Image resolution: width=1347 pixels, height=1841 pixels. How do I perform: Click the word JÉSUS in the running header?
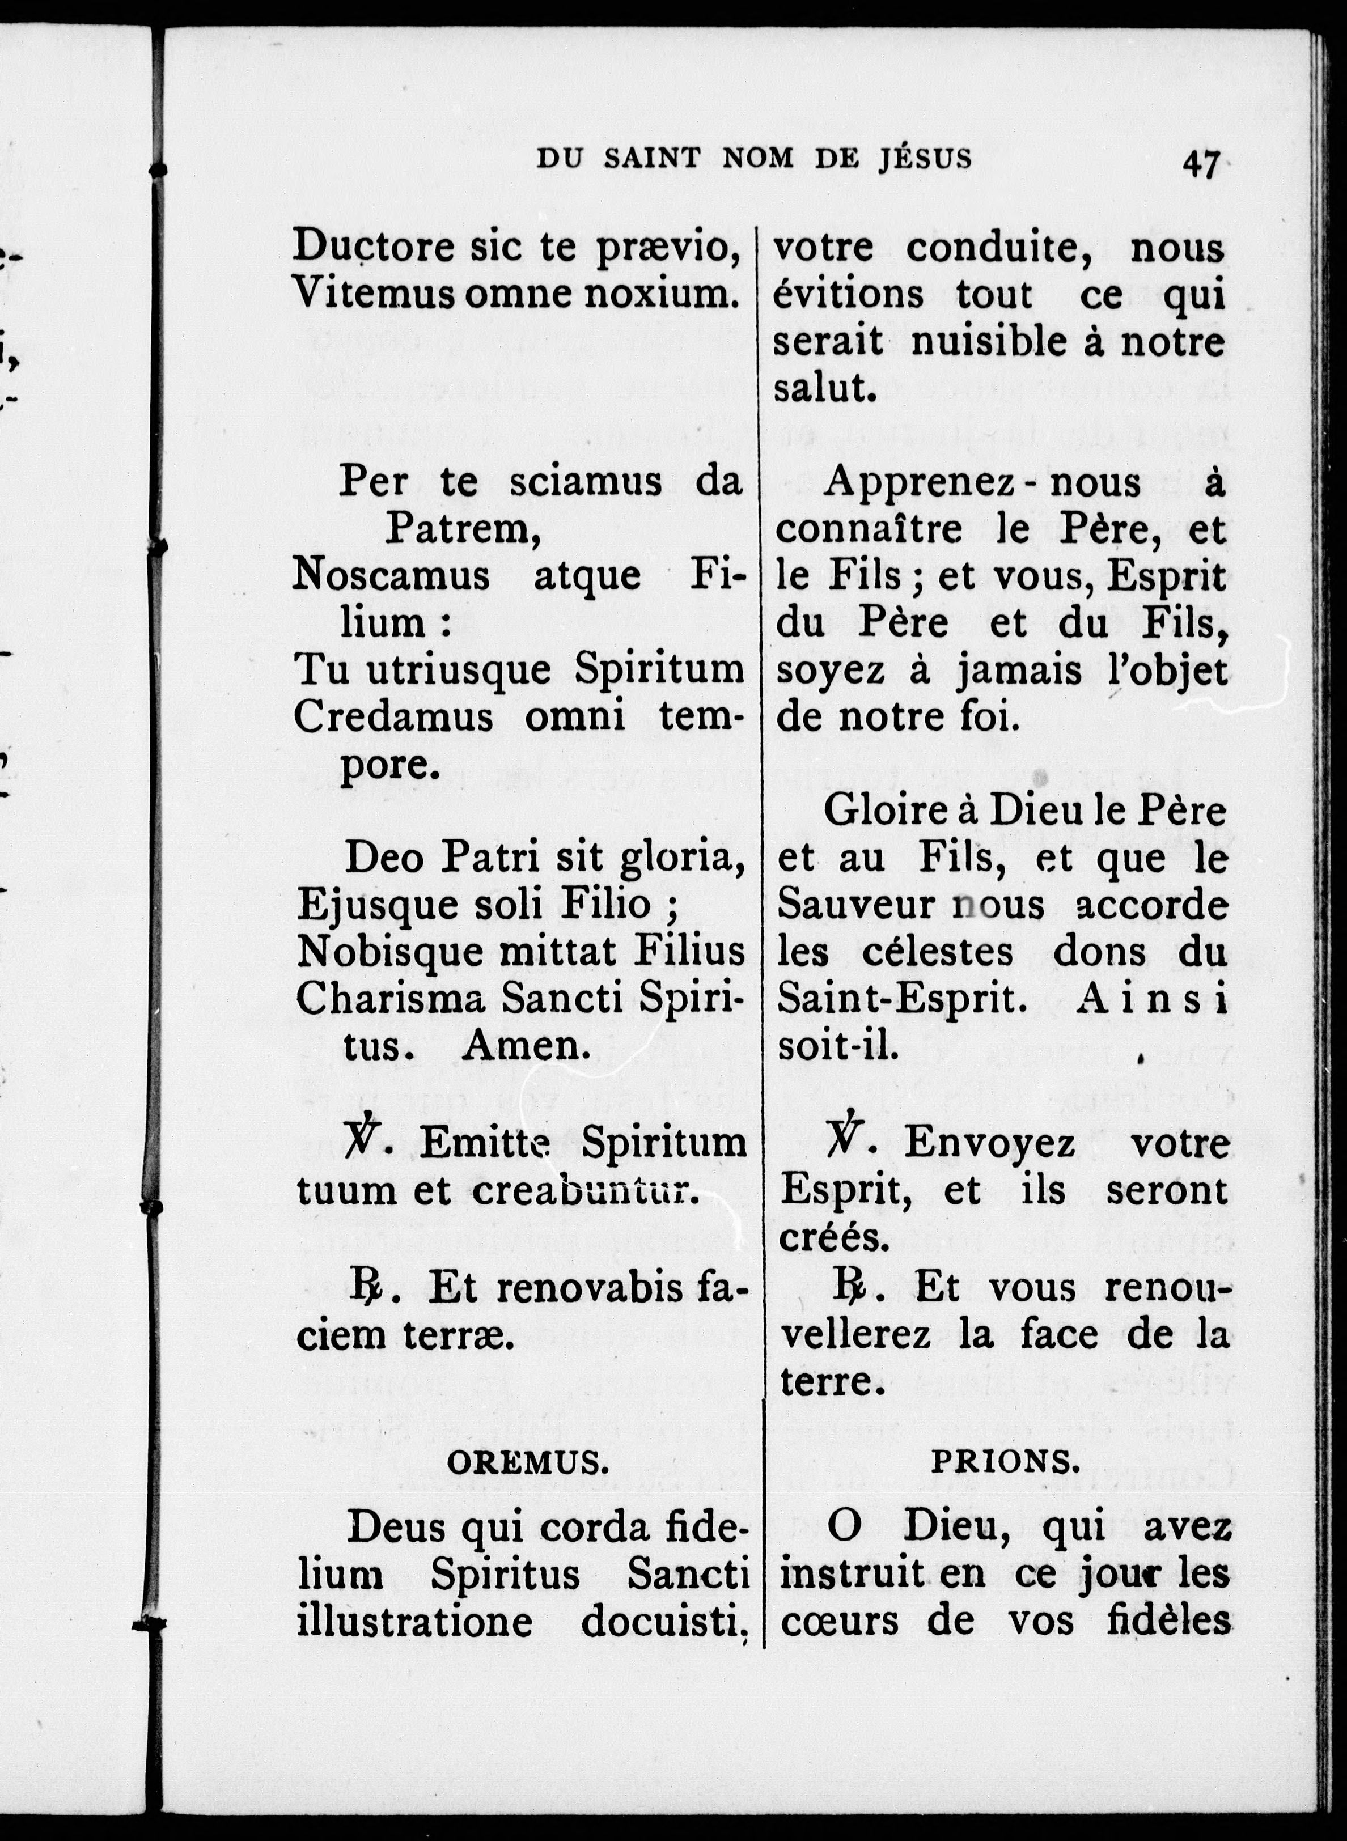[x=925, y=158]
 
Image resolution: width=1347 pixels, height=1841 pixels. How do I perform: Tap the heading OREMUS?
[x=528, y=1464]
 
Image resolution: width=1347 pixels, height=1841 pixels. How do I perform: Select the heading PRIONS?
[x=1005, y=1463]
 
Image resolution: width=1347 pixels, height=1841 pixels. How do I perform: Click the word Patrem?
[x=463, y=530]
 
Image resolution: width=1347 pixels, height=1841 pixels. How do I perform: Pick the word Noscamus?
[x=391, y=576]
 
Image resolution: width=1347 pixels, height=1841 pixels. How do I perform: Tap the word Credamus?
[x=393, y=718]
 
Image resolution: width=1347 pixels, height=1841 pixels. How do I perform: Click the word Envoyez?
[x=990, y=1144]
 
